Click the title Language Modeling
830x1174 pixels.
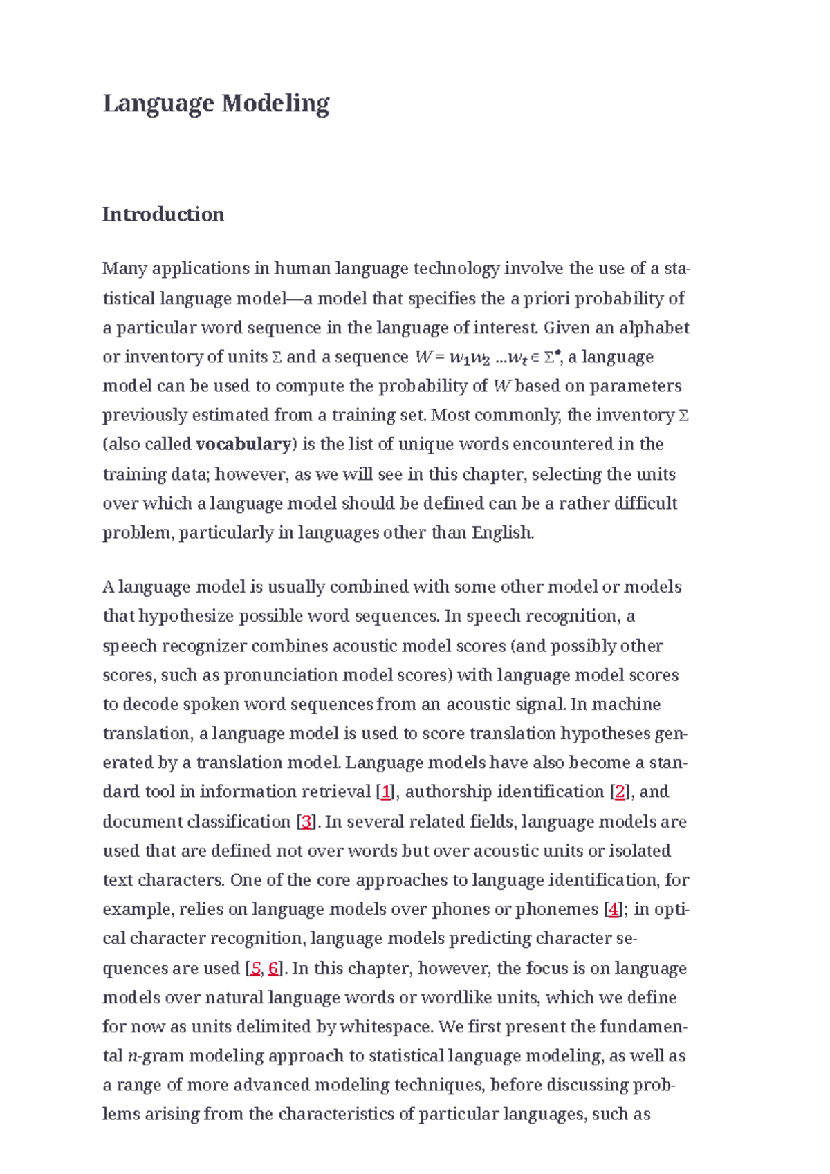[216, 104]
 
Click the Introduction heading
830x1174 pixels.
[163, 214]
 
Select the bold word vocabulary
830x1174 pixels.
[243, 445]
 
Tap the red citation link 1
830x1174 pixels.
[386, 792]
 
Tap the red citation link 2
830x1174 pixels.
[620, 792]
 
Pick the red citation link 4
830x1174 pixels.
[613, 910]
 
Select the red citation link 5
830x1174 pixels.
[256, 969]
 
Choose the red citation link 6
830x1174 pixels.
[274, 969]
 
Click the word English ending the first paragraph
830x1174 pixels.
[501, 533]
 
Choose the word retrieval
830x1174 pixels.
[338, 792]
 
